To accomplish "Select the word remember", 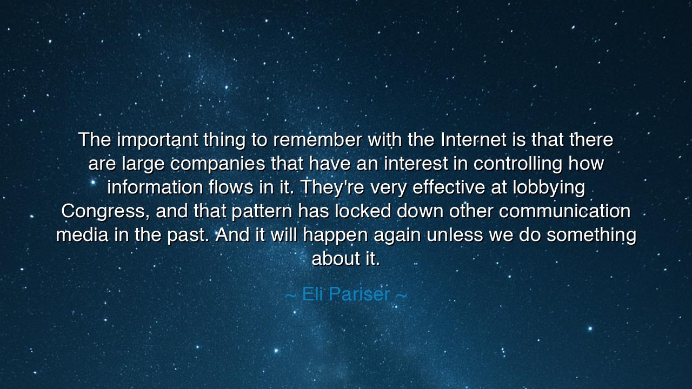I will (x=317, y=140).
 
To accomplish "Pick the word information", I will (x=155, y=187).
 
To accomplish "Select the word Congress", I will (x=103, y=211).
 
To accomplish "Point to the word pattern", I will (x=262, y=211).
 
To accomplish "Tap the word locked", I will (x=363, y=211).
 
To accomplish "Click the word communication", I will (x=564, y=211).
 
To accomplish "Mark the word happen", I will (x=335, y=236).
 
